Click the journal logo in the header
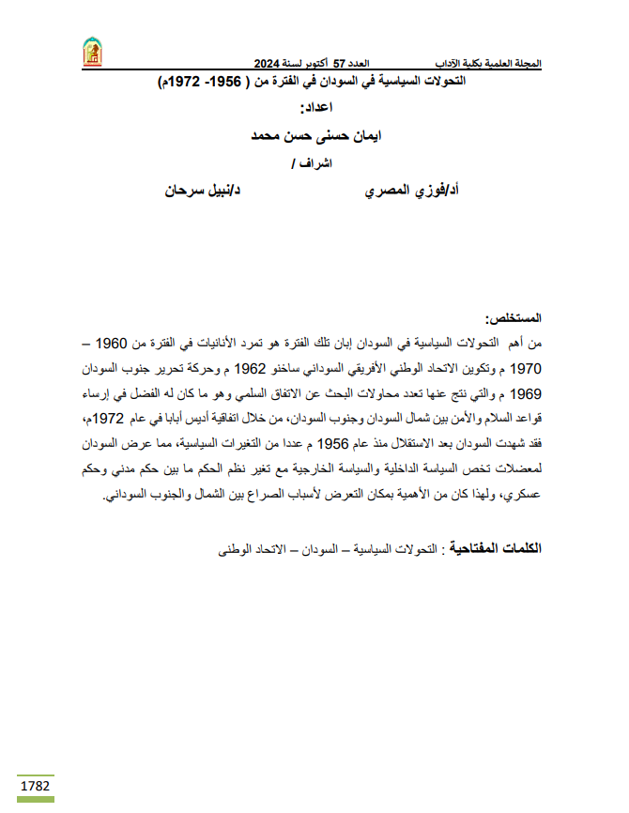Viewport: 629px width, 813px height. click(92, 53)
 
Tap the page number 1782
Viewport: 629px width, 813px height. click(35, 785)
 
